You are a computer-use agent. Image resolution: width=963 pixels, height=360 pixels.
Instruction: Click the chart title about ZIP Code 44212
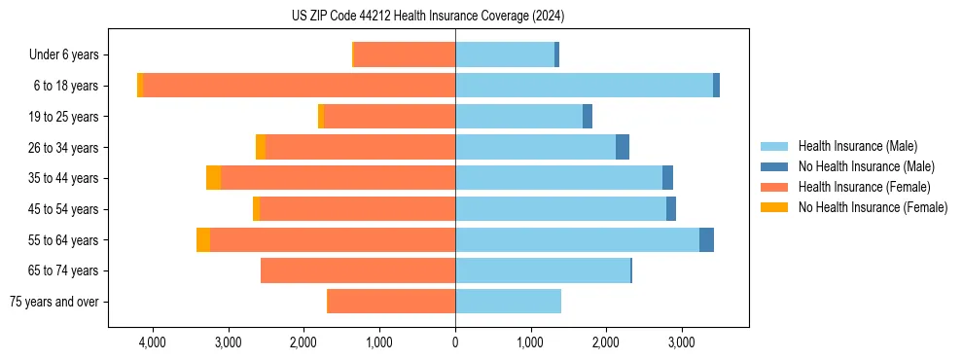(427, 16)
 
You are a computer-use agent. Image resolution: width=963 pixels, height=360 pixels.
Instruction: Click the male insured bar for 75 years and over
(508, 302)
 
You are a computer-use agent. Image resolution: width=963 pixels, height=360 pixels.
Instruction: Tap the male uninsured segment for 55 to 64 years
(706, 239)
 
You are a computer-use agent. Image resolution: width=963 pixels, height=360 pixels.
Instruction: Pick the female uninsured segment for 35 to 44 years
(213, 178)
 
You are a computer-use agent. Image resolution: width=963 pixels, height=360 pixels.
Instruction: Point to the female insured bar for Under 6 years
(405, 54)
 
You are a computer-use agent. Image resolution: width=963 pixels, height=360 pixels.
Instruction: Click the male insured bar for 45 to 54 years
(560, 209)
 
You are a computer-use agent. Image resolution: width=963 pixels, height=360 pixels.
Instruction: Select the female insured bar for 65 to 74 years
(358, 270)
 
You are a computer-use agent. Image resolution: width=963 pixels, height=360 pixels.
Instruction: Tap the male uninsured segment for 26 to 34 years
(623, 147)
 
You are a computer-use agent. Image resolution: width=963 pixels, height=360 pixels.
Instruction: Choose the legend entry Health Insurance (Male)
(857, 146)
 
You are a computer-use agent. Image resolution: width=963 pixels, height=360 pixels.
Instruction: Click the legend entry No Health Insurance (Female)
(873, 207)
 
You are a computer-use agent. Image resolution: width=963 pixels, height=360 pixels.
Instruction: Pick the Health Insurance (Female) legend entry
(864, 187)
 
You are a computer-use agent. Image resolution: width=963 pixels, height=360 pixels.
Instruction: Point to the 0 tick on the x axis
(455, 343)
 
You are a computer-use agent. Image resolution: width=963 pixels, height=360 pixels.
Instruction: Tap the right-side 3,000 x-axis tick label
(681, 343)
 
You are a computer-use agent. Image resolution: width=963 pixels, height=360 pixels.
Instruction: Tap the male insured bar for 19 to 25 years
(518, 117)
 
